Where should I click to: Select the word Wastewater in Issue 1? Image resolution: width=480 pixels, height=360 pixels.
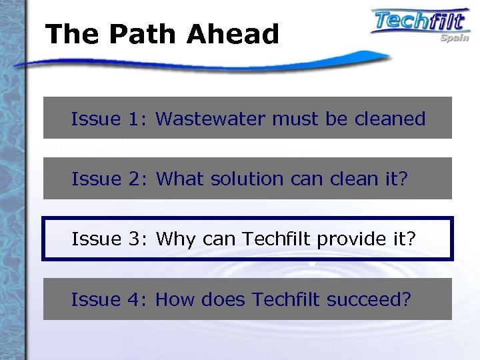coord(212,119)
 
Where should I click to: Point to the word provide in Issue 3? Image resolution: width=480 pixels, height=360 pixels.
coord(341,239)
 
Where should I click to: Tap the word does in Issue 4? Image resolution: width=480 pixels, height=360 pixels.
coord(224,300)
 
